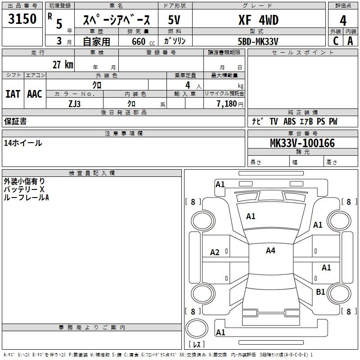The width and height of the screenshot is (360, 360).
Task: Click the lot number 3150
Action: point(22,19)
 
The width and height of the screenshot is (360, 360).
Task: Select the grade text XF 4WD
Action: point(258,20)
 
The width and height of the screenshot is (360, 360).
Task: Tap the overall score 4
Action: point(343,21)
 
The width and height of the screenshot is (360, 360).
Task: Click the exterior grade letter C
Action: point(336,41)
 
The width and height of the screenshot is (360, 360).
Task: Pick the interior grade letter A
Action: point(350,41)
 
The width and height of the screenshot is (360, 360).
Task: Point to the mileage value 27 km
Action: point(63,64)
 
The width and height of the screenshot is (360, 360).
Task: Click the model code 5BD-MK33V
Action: point(258,41)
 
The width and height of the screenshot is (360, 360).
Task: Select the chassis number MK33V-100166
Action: point(302,143)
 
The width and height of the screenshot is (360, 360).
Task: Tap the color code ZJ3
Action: point(74,104)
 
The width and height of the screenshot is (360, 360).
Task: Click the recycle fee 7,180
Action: point(227,104)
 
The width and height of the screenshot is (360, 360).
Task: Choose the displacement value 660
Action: point(139,41)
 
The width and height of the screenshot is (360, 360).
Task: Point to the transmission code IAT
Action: point(13,94)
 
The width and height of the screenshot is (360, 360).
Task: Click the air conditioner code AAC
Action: point(35,94)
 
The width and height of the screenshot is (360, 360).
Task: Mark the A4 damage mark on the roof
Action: point(270,251)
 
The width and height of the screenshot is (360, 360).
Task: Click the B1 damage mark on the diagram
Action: point(320,292)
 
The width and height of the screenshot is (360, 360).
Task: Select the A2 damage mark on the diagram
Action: point(215,252)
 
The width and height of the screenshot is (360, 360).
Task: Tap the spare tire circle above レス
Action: point(197,328)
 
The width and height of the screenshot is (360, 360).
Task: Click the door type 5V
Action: point(174,20)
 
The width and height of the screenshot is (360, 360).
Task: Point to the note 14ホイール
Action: point(23,143)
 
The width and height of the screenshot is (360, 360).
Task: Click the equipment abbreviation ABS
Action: point(289,121)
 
